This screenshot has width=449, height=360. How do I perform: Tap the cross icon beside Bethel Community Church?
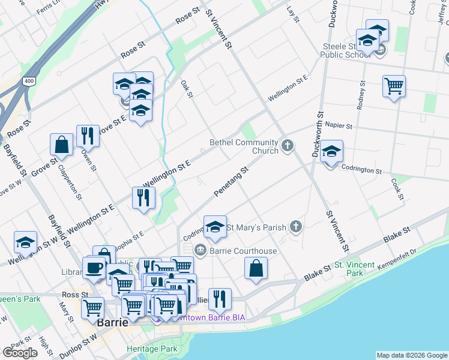pyautogui.click(x=288, y=145)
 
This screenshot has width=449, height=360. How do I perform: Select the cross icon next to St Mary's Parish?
pyautogui.click(x=295, y=226)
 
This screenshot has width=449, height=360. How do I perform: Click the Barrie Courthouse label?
pyautogui.click(x=243, y=251)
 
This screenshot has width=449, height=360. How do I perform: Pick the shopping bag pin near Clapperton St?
pyautogui.click(x=61, y=145)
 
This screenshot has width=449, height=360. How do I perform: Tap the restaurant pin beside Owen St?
pyautogui.click(x=88, y=136)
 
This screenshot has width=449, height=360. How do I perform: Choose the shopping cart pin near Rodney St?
pyautogui.click(x=394, y=86)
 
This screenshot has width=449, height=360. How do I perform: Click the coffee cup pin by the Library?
pyautogui.click(x=94, y=268)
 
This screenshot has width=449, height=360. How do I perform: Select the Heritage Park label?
pyautogui.click(x=152, y=349)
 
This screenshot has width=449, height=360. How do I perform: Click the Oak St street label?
pyautogui.click(x=187, y=88)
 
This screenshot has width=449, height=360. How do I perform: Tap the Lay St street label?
pyautogui.click(x=293, y=16)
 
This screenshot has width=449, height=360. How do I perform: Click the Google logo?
pyautogui.click(x=20, y=353)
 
